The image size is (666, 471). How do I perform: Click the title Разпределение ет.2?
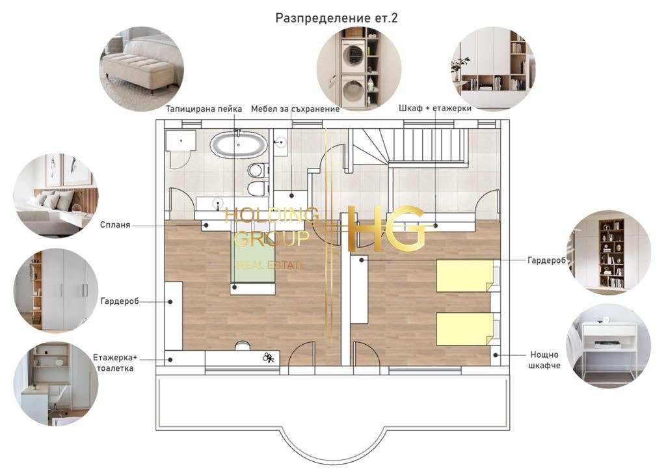tap(336, 18)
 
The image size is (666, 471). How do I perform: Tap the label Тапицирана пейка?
tap(204, 109)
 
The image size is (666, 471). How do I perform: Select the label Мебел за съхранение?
tap(295, 109)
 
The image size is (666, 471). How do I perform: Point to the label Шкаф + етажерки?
tap(435, 108)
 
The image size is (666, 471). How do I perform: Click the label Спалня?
tap(115, 224)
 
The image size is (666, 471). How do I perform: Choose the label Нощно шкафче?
tap(544, 360)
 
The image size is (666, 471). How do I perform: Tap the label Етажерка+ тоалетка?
tap(115, 363)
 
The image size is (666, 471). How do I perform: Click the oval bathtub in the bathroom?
tap(238, 144)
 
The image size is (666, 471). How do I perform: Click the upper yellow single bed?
tap(465, 276)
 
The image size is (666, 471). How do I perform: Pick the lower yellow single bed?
tap(465, 329)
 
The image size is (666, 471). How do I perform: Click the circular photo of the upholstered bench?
tap(142, 69)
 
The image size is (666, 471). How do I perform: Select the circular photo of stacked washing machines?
tap(359, 69)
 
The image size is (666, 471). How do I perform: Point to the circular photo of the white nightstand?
tap(608, 346)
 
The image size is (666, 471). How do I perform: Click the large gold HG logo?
tap(386, 228)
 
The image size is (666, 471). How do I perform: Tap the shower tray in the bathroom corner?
tap(181, 140)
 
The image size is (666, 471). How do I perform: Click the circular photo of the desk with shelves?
tap(56, 384)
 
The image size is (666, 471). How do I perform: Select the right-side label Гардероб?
tap(546, 260)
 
